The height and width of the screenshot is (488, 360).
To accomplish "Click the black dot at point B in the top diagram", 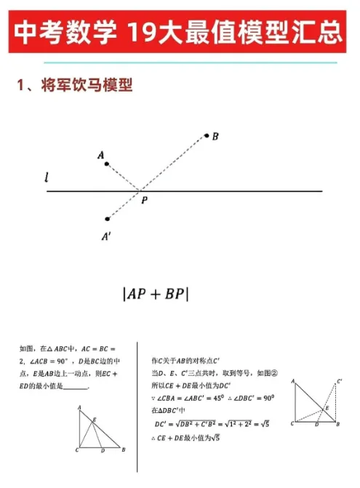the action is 207,135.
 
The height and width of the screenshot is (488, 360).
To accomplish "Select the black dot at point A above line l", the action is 107,164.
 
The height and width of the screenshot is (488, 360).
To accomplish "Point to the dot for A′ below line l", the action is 108,218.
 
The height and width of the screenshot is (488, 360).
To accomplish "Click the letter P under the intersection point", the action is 145,201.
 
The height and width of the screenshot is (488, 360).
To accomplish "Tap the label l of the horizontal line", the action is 47,177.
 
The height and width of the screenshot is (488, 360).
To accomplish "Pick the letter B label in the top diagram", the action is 216,136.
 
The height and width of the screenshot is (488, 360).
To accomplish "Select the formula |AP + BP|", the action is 156,293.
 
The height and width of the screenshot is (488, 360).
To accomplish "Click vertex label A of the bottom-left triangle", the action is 79,409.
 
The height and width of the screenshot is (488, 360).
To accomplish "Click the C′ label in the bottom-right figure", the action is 340,380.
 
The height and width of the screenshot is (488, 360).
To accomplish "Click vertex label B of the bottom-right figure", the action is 338,423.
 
